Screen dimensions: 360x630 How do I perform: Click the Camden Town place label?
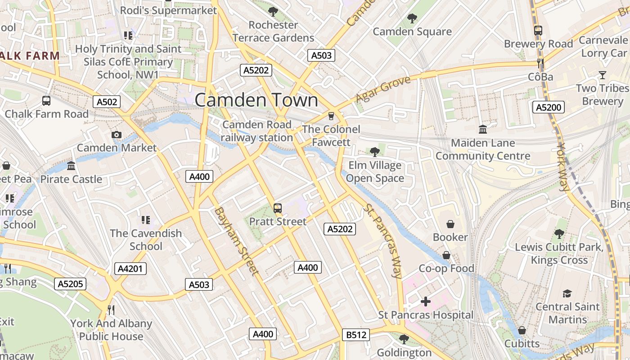point(256,100)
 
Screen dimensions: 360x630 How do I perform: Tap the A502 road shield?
point(107,102)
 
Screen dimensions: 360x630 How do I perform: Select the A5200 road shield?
point(549,107)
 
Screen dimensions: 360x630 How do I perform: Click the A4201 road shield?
point(130,269)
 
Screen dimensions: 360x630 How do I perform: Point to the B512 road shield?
point(356,335)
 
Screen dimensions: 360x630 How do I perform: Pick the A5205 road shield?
point(70,284)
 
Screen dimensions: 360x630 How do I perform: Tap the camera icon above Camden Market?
point(117,135)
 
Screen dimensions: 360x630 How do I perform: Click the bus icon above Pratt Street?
point(278,208)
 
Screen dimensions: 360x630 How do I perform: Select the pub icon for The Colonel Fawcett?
point(331,116)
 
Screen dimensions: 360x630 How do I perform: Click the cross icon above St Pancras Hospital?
point(426,301)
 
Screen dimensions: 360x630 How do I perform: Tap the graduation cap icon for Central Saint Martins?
point(567,293)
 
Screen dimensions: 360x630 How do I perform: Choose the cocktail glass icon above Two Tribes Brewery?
point(602,75)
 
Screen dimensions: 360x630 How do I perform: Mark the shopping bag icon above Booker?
point(450,224)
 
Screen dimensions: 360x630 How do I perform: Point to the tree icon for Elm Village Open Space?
point(374,152)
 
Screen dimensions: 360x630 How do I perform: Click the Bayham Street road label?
point(236,241)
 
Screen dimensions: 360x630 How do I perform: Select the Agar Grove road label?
point(383,89)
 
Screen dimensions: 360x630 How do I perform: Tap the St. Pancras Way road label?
point(383,241)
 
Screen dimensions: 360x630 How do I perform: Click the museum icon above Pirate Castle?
point(71,166)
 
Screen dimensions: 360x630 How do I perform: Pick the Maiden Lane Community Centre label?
point(483,149)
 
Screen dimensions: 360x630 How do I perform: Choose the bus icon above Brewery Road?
point(538,31)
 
